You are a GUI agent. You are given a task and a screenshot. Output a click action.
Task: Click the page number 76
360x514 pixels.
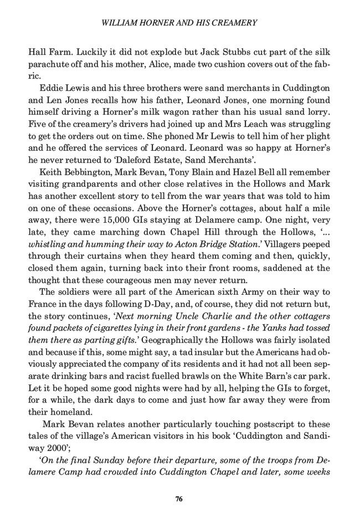tap(179, 498)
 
